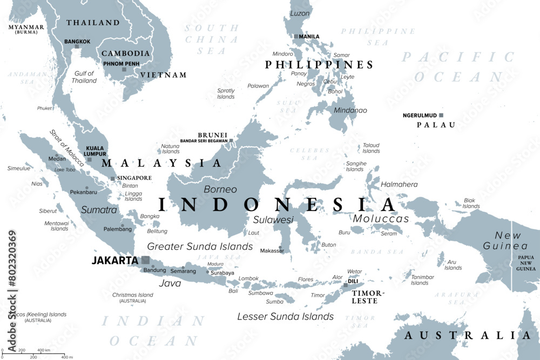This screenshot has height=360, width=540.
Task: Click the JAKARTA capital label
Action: (x=114, y=261)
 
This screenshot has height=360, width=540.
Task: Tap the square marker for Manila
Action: (x=296, y=37)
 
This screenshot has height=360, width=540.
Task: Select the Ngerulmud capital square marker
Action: (x=441, y=115)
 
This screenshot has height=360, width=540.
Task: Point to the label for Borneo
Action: (x=220, y=189)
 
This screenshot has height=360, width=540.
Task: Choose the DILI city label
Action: (x=353, y=281)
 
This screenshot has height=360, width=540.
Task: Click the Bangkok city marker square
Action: (x=77, y=46)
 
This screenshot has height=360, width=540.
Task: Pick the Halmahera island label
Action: (x=399, y=185)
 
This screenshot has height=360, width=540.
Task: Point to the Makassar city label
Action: (x=272, y=250)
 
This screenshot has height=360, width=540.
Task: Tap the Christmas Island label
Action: (x=133, y=295)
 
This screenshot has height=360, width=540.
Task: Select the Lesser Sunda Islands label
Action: (x=286, y=317)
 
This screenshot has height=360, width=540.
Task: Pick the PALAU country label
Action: (x=436, y=125)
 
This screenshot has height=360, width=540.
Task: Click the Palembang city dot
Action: (x=123, y=226)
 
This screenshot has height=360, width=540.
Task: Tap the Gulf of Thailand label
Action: (x=84, y=77)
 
